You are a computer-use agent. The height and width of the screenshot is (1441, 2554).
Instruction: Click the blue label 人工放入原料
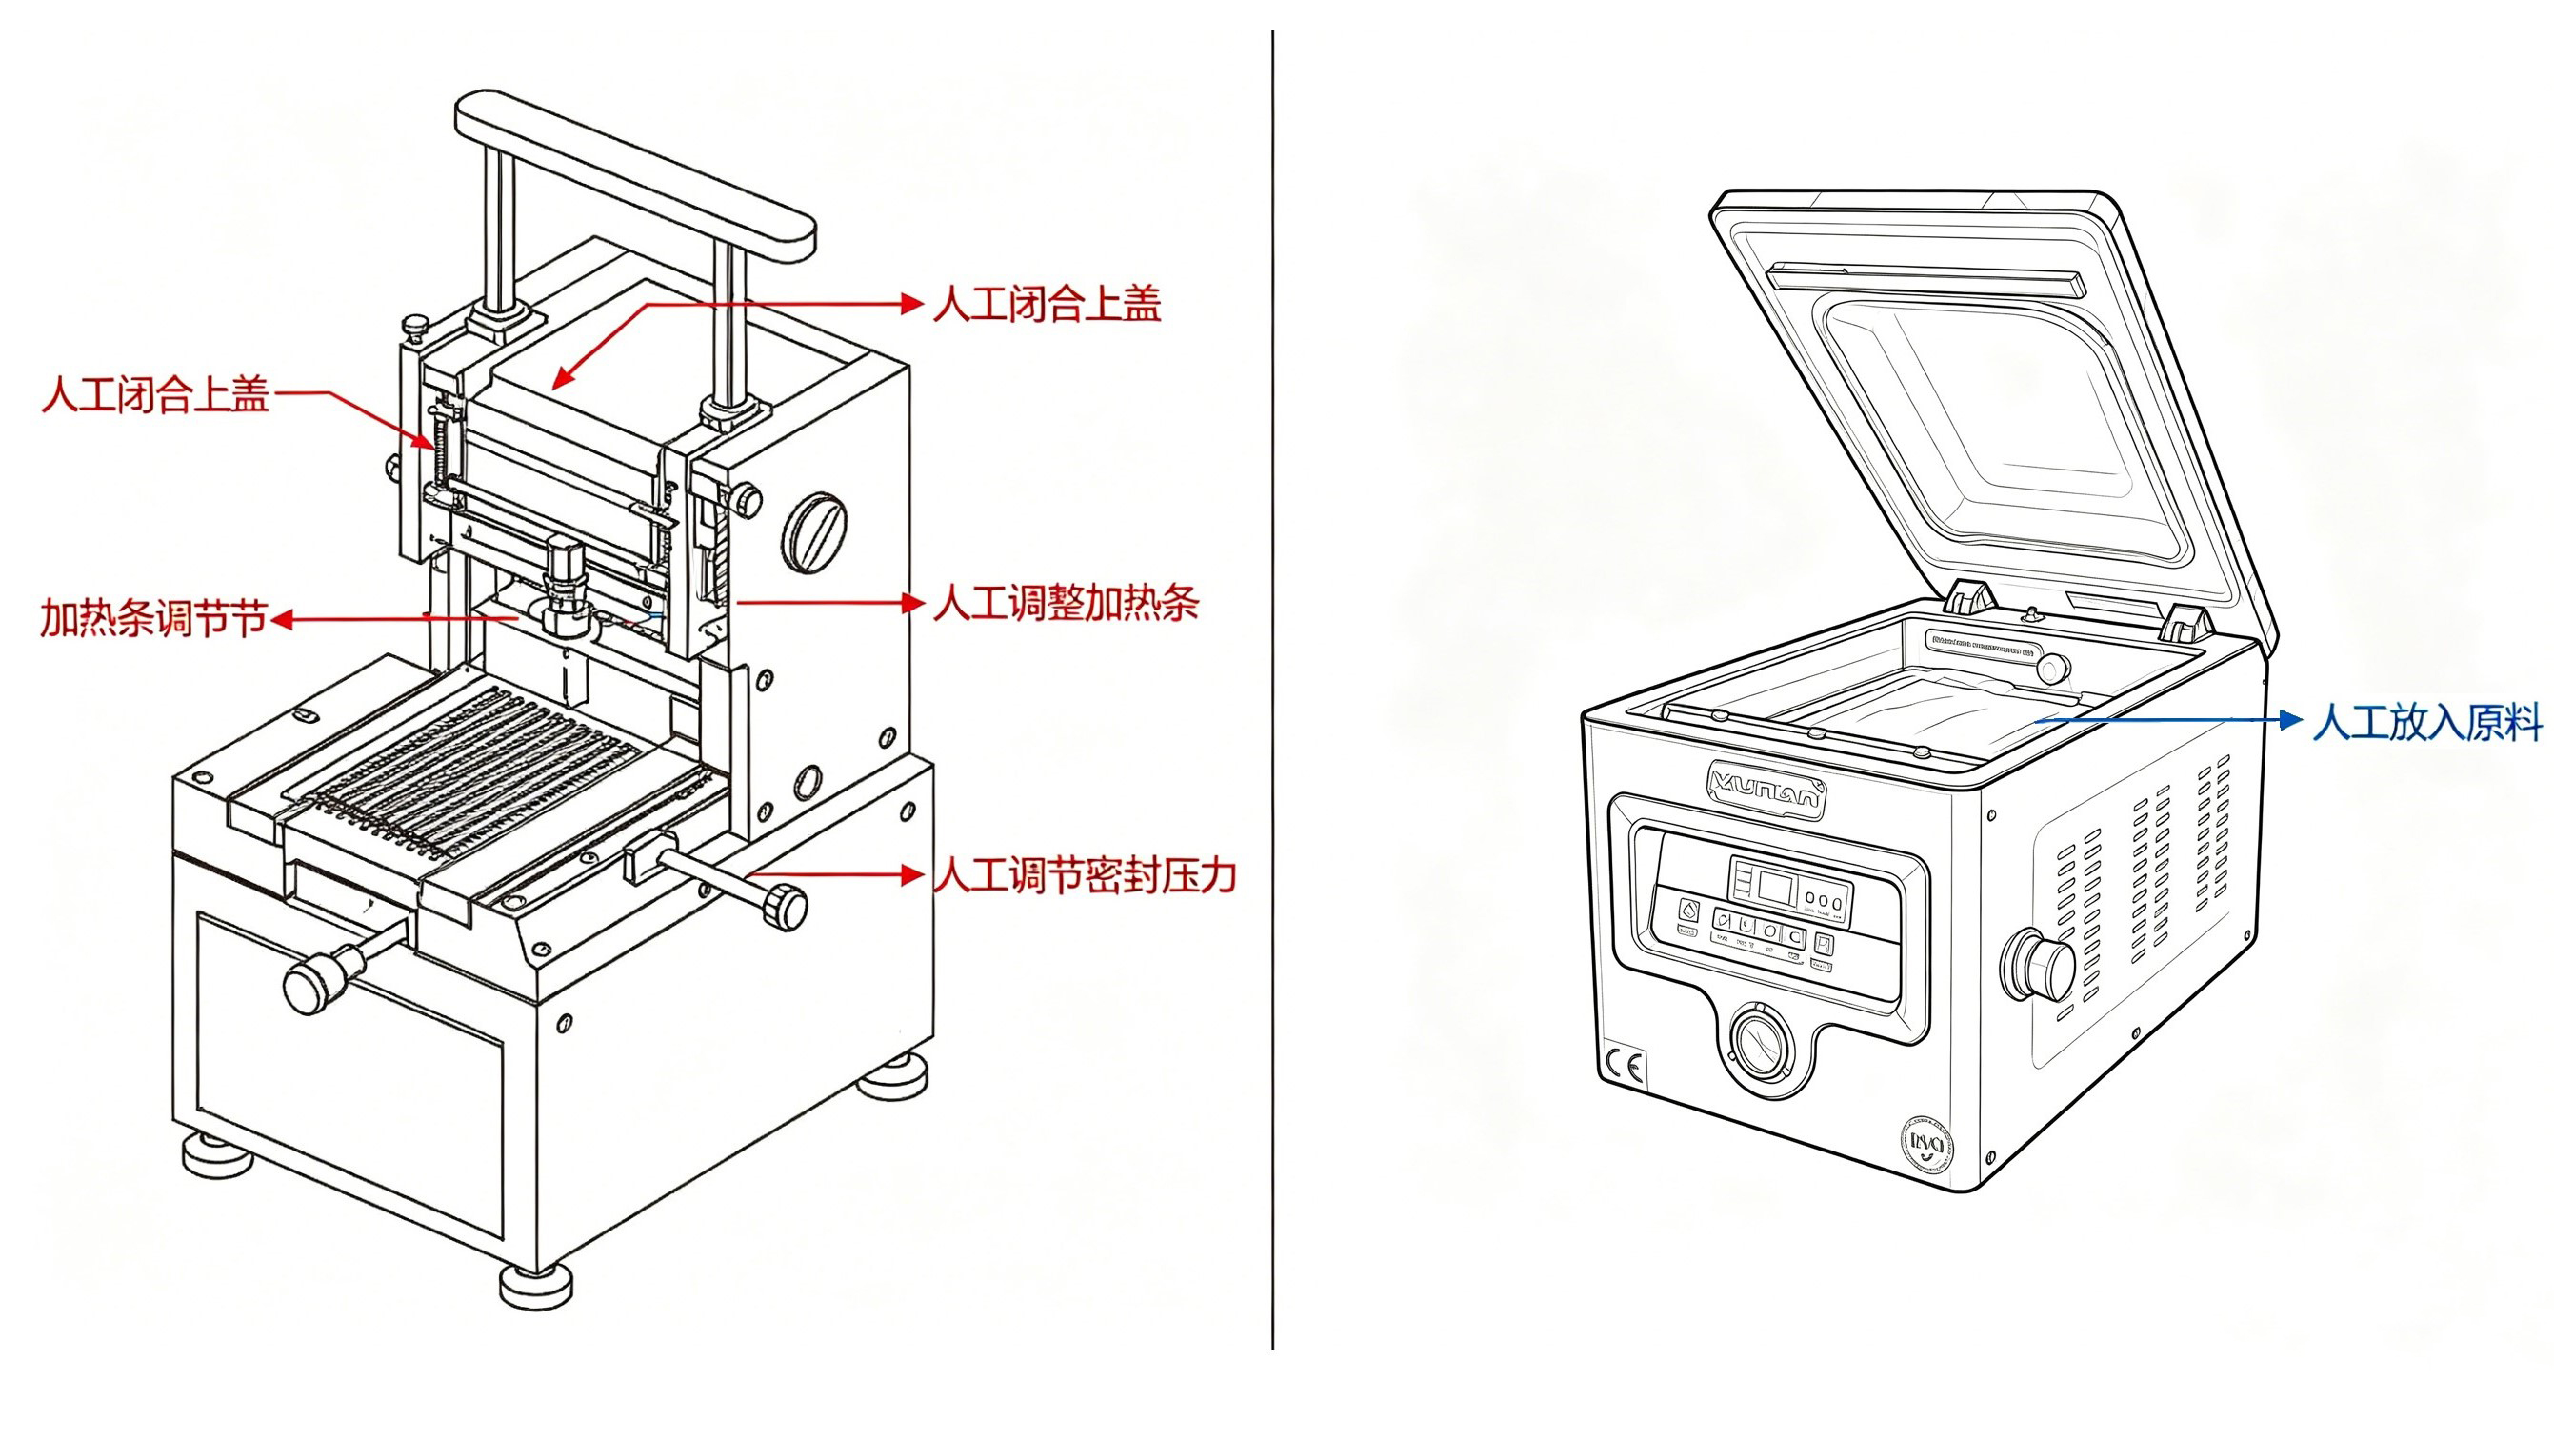coord(2426,722)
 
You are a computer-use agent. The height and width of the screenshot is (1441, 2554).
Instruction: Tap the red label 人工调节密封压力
coord(1085,875)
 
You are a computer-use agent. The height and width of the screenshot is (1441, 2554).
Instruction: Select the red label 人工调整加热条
coord(1066,603)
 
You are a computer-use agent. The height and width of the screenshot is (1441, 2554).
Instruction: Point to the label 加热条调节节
coord(153,620)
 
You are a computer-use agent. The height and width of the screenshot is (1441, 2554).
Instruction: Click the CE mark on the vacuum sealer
coord(1623,1067)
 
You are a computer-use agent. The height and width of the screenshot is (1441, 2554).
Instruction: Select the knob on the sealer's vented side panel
coord(2041,965)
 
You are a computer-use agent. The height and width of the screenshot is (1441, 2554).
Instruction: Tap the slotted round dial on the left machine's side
coord(815,532)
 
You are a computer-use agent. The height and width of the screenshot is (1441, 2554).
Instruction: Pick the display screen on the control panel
coord(1774,885)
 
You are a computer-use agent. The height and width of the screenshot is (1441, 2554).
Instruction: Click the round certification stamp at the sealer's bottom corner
coord(1926,1145)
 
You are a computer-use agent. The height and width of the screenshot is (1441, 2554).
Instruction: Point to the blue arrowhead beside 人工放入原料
coord(2290,720)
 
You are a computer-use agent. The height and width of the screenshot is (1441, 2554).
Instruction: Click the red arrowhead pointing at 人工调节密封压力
coord(912,874)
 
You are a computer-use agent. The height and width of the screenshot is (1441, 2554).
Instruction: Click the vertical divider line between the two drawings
coord(1272,694)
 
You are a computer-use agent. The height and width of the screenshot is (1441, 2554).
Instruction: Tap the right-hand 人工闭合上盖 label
coord(1047,305)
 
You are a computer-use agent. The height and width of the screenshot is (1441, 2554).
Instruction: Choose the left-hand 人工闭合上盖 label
coord(155,394)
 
